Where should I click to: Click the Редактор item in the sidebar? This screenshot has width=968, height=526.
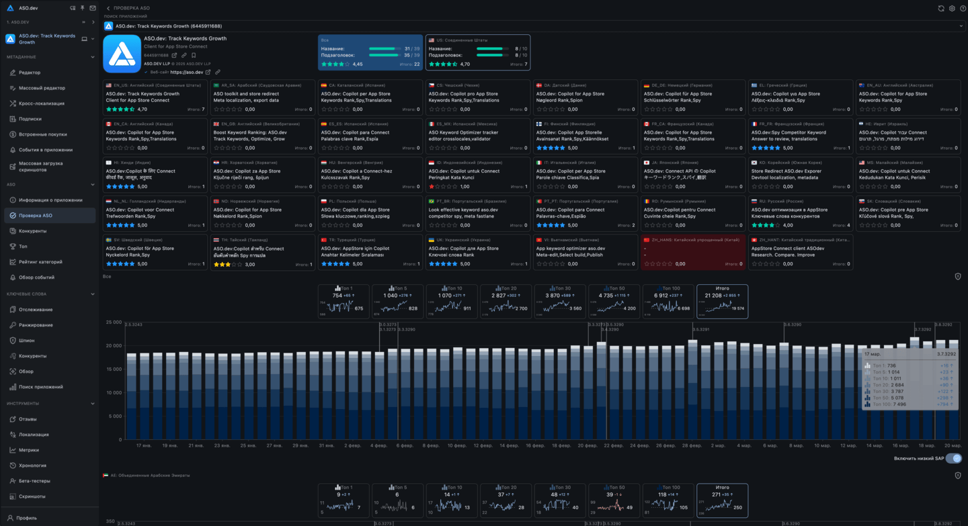[30, 73]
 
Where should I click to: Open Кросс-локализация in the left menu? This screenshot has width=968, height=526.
[42, 103]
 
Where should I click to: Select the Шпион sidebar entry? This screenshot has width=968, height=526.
[27, 341]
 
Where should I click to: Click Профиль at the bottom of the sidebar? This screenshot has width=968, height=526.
[27, 518]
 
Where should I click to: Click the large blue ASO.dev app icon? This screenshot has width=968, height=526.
[122, 54]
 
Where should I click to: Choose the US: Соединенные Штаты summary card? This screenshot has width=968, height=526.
[478, 52]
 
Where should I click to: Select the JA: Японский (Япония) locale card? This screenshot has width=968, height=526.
[692, 174]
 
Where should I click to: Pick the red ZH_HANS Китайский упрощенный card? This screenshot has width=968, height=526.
[692, 251]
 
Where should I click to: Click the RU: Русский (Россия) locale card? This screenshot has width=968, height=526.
[800, 213]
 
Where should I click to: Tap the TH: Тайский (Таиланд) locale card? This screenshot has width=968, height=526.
[262, 251]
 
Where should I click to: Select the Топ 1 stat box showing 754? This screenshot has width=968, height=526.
[344, 301]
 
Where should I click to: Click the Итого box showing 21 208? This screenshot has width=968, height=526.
[722, 301]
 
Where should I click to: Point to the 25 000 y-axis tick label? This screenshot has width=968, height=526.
[113, 322]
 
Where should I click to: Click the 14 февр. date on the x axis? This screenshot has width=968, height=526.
[510, 445]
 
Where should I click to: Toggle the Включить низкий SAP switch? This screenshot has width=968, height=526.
[953, 458]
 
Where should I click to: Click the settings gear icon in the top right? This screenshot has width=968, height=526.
[952, 9]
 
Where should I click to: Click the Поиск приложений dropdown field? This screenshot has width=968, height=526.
[534, 26]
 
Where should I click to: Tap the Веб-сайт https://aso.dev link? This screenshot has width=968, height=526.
[186, 72]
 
